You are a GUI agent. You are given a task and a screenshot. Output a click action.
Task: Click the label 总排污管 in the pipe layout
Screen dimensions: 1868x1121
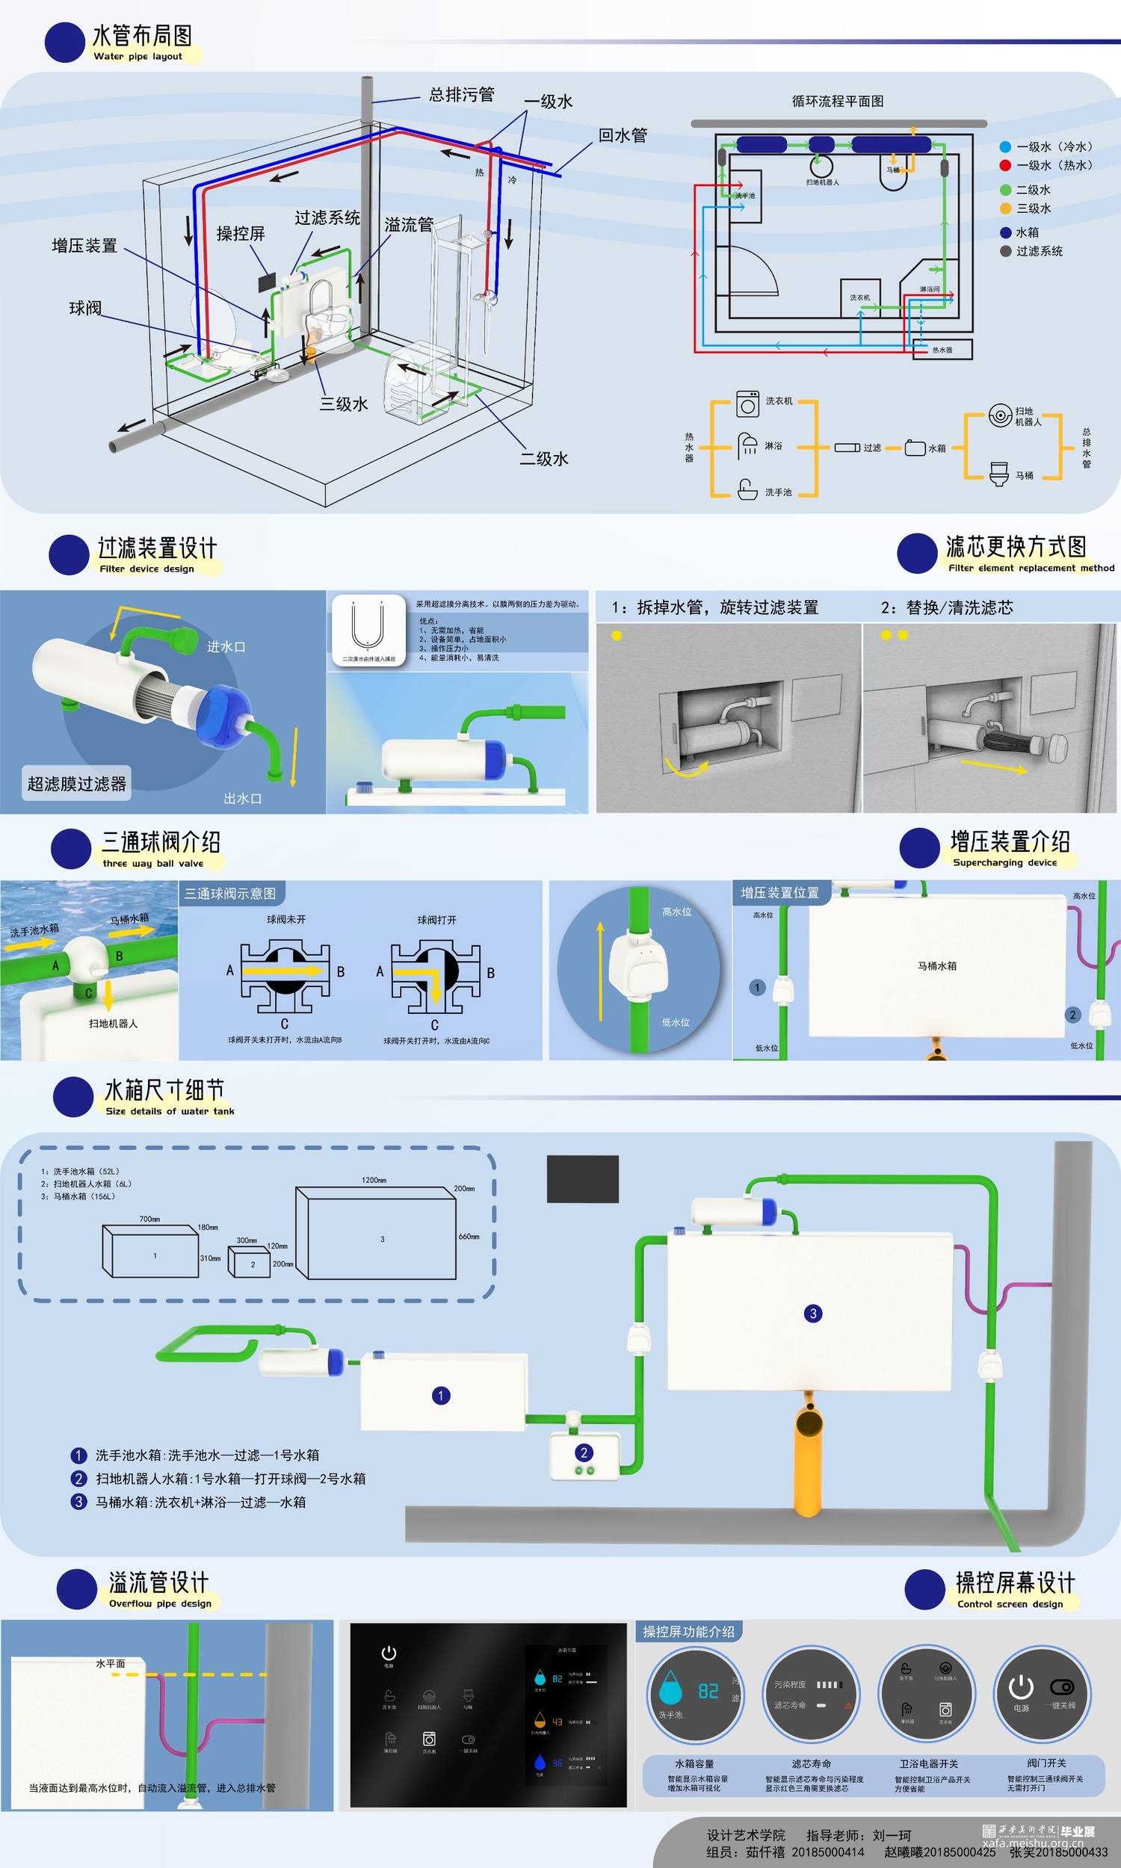coord(462,94)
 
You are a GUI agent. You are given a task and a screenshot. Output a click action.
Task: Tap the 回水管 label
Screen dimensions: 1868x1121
coord(623,136)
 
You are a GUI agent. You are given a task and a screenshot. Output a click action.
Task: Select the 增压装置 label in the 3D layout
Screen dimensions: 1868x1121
coord(84,246)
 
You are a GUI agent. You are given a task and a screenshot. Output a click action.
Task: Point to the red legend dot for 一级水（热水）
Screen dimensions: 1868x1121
coord(1004,165)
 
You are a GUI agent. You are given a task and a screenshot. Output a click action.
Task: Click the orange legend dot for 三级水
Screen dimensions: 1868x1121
coord(1004,208)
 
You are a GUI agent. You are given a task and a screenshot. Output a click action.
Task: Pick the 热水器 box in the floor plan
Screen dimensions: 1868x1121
coord(941,350)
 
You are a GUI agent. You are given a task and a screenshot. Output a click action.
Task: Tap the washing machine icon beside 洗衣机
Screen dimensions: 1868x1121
coord(748,404)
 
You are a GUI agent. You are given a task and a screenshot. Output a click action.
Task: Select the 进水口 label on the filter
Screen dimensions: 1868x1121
coord(226,647)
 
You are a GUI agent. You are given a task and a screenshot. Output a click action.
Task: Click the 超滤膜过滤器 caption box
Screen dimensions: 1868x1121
coord(77,784)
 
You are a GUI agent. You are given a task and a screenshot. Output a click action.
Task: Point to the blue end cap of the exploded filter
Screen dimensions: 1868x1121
coord(220,714)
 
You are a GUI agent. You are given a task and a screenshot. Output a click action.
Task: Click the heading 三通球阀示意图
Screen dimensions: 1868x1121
coord(230,893)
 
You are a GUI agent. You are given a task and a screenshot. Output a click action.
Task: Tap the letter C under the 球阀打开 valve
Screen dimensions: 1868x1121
coord(434,1025)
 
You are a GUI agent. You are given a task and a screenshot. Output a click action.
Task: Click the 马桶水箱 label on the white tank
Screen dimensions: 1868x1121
coord(936,965)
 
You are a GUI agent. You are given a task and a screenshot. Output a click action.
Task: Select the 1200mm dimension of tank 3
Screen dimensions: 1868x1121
coord(374,1179)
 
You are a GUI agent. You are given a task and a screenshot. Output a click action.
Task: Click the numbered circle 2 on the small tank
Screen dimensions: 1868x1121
coord(583,1453)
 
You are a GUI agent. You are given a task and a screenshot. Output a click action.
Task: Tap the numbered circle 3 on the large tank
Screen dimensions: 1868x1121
coord(813,1313)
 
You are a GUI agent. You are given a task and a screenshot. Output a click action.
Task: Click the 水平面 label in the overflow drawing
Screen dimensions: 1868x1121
coord(111,1663)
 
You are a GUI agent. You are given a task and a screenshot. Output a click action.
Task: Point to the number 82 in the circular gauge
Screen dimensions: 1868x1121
coord(708,1692)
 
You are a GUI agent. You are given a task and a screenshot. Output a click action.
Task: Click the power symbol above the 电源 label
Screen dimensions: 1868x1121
coord(1021,1686)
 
